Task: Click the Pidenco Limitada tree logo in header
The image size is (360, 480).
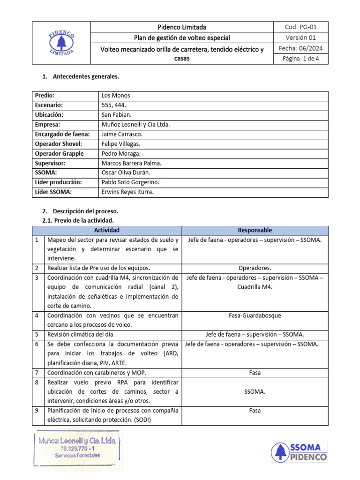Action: [60, 43]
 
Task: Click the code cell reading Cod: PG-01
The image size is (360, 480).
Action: [300, 27]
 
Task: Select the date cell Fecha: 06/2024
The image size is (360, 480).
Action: [300, 48]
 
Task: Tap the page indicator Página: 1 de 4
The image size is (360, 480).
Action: [300, 59]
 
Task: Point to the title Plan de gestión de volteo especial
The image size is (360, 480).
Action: [182, 37]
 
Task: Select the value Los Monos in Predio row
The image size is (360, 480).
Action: [116, 96]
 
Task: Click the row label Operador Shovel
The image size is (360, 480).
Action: [59, 144]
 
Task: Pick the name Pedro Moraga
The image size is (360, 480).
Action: [121, 154]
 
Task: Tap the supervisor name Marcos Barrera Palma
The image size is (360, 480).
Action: [131, 163]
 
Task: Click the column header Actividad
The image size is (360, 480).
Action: [107, 230]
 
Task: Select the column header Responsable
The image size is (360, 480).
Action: [255, 230]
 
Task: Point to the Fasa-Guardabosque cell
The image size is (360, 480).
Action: [255, 315]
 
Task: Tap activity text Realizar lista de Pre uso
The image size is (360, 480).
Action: [99, 268]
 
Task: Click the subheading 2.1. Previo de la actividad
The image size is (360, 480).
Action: [78, 220]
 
